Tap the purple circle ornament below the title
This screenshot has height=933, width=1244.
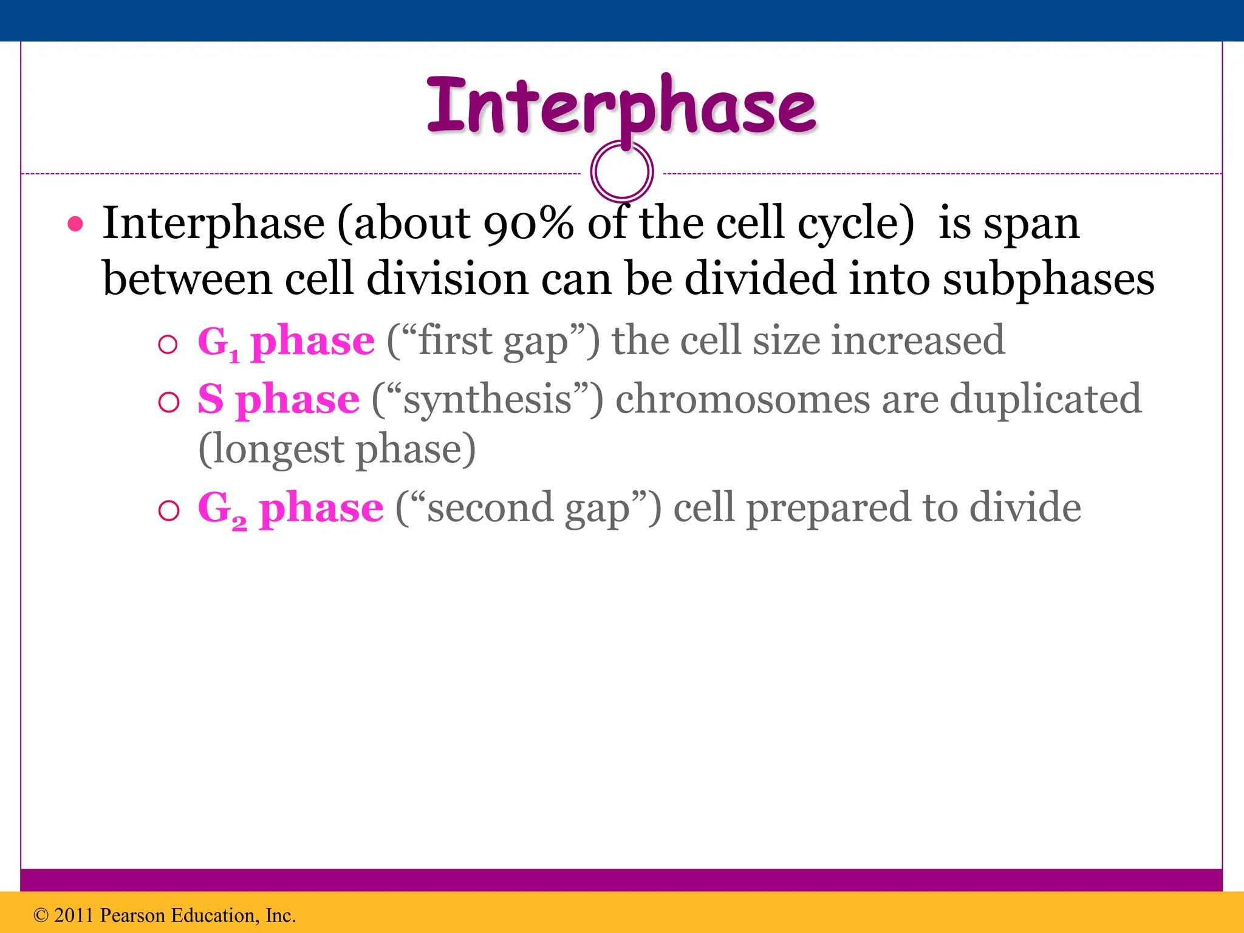coord(621,171)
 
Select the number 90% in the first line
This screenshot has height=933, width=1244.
coord(528,224)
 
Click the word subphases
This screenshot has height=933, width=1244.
coord(1048,279)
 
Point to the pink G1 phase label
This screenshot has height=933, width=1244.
coord(285,341)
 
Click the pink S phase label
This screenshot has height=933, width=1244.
coord(278,400)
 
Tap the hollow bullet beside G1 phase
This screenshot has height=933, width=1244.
coord(168,345)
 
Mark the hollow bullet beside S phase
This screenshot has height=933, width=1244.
coord(168,402)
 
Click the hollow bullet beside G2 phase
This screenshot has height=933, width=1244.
coord(168,510)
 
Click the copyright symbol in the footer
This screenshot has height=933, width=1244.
coord(41,915)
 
